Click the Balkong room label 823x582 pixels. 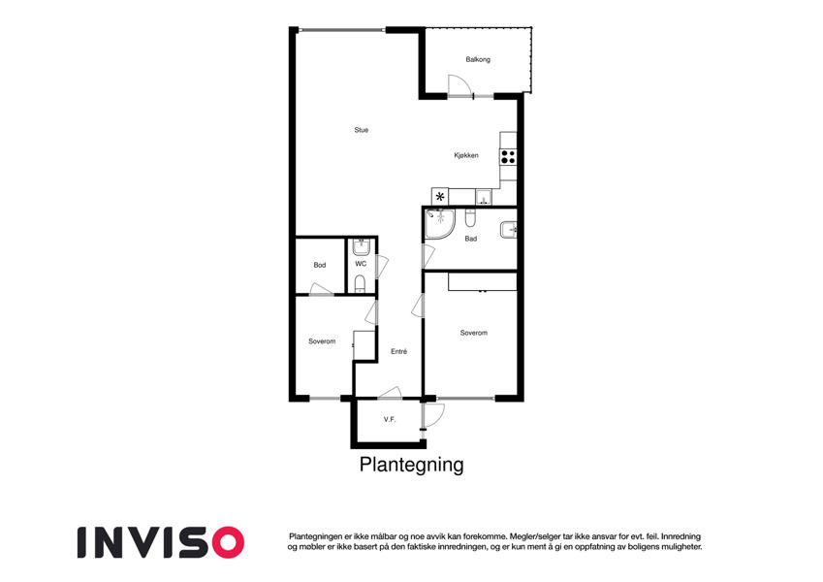coord(478,59)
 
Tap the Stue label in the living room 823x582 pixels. coord(362,130)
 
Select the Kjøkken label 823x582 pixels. coord(466,155)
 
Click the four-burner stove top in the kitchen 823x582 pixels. coord(508,157)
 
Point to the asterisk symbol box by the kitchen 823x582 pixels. coord(440,197)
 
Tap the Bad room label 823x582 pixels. coord(471,239)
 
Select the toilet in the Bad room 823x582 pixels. coord(470,217)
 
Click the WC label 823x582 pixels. coord(361,264)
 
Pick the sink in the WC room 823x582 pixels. coord(362,247)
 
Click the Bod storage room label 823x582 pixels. coord(320,265)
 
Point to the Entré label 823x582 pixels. coord(399,351)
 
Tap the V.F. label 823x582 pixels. coord(390,420)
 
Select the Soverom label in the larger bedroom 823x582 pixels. coord(473,333)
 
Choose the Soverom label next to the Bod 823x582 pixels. coord(322,341)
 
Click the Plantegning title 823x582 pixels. coord(411,465)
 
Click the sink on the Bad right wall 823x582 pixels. coord(509,230)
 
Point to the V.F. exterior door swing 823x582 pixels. coord(434,414)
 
